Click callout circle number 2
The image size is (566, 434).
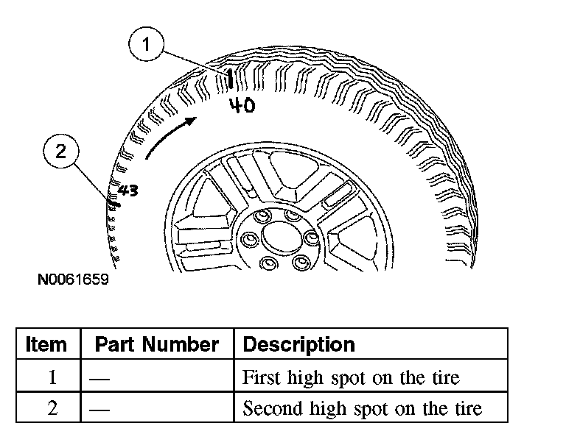[x=60, y=153]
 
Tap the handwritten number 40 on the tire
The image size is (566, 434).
[x=241, y=106]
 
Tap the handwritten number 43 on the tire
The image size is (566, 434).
[x=128, y=191]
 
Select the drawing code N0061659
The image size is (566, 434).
[x=74, y=280]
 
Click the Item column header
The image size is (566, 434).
[x=46, y=344]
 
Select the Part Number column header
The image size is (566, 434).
[x=157, y=344]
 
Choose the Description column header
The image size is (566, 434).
[x=298, y=344]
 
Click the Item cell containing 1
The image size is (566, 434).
[x=52, y=378]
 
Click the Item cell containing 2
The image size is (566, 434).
[x=52, y=409]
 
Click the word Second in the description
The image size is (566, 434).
[x=270, y=409]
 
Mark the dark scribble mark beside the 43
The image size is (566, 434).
[x=112, y=197]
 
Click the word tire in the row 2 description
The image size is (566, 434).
[x=468, y=409]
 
